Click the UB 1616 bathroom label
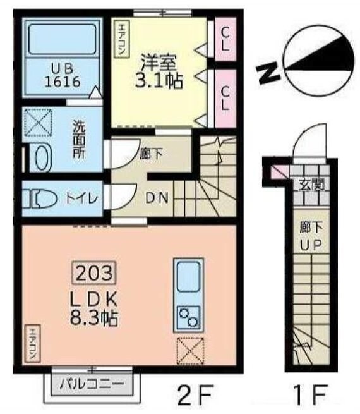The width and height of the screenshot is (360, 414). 61,75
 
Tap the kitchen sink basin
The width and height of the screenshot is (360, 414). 188,277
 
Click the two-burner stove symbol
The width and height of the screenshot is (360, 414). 188,317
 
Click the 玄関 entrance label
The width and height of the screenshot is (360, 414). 311,185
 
